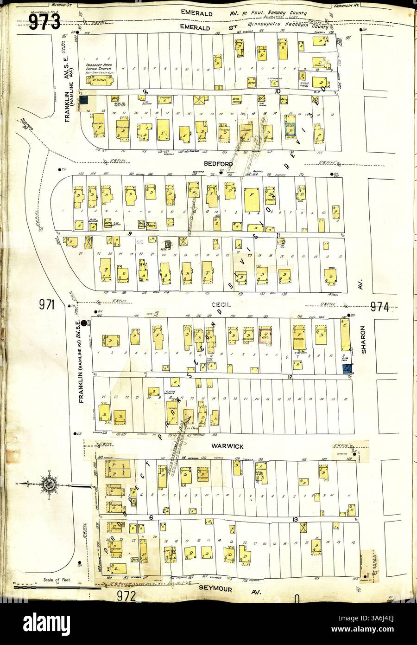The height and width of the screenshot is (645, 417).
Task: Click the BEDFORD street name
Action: [217, 163]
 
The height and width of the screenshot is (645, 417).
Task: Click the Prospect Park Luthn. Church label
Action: [100, 61]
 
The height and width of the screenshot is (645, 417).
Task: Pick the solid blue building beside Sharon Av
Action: [346, 368]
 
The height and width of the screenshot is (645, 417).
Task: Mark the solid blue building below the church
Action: [84, 100]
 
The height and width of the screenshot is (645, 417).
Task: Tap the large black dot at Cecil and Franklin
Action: [84, 323]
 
